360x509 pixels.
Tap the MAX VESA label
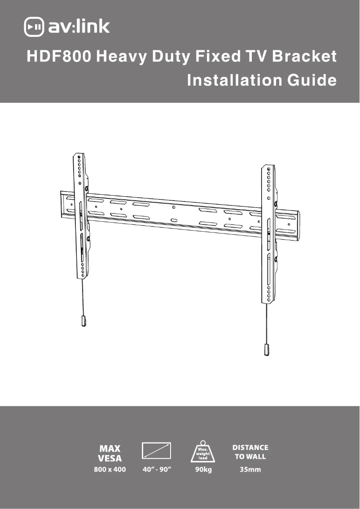point(110,453)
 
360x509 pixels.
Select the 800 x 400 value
point(110,470)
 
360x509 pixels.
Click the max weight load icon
point(203,452)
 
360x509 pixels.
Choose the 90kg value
point(203,470)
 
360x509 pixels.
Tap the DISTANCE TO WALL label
point(250,452)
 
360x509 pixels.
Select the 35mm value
point(250,470)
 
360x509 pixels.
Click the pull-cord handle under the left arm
point(83,320)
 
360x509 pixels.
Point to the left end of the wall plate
point(66,204)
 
